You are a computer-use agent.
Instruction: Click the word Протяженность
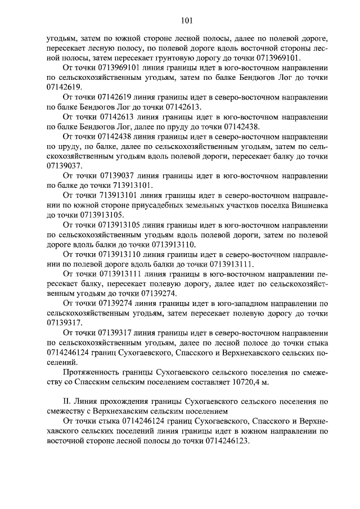click(91, 372)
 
